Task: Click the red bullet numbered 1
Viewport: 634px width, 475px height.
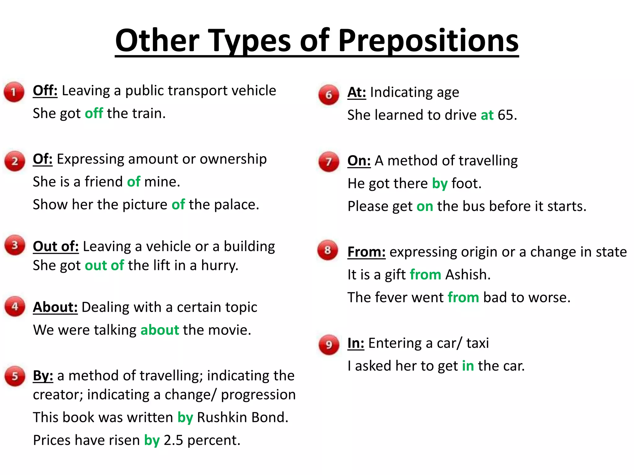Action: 14,92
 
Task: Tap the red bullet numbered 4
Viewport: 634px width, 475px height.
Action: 15,306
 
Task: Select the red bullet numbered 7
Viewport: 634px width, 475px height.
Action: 329,161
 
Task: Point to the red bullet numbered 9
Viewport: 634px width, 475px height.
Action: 329,344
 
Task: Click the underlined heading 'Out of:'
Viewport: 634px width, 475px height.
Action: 56,246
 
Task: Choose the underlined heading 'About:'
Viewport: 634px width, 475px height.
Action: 55,307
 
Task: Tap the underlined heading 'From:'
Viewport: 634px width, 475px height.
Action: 366,252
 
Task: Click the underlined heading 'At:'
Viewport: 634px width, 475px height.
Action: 357,92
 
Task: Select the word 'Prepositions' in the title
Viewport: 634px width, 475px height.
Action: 428,41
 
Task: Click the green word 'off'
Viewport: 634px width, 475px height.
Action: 94,113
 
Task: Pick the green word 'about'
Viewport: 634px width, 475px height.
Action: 160,330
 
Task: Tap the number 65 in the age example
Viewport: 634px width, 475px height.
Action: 506,115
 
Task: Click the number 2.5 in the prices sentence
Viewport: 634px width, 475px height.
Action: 173,440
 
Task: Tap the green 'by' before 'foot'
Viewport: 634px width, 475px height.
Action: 440,184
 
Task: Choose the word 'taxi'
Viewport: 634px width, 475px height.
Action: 477,343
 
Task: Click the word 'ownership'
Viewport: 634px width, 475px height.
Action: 233,159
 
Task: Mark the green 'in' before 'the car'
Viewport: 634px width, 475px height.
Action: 468,366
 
